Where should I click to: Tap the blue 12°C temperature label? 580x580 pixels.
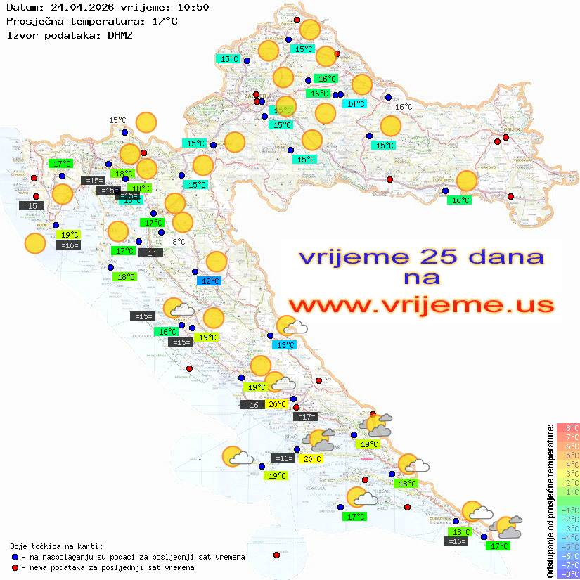click(x=210, y=281)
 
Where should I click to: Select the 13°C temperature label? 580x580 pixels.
click(x=285, y=345)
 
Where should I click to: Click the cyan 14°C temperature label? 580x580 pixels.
click(x=354, y=104)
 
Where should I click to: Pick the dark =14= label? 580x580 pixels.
click(x=150, y=253)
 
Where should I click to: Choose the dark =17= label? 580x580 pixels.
click(x=305, y=417)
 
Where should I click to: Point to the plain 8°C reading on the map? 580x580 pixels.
click(x=179, y=242)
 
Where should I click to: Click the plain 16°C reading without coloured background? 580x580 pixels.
click(x=404, y=107)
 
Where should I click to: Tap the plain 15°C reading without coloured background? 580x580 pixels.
click(x=117, y=120)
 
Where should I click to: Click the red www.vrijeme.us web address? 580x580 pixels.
click(x=421, y=305)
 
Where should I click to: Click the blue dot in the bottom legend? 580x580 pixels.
click(x=15, y=557)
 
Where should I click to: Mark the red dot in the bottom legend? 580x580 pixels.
click(x=15, y=567)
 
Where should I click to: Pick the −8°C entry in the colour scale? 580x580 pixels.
click(x=568, y=574)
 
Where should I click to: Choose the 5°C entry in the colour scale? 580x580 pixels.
click(x=568, y=456)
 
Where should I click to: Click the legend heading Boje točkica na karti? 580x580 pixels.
click(x=56, y=546)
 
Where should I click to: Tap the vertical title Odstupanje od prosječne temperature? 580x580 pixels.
click(x=551, y=501)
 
